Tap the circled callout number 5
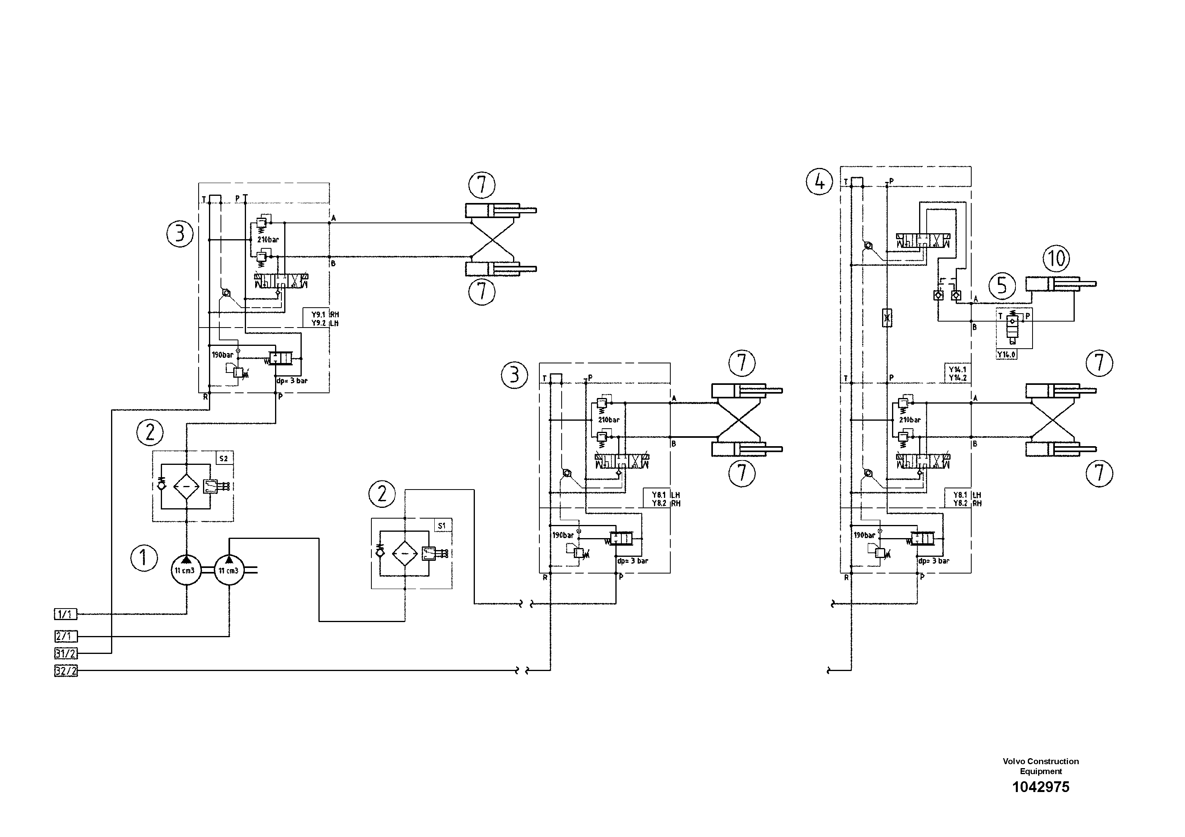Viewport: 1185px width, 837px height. (x=1002, y=285)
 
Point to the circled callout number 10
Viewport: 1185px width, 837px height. (x=1056, y=258)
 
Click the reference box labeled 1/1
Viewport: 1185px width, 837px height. (x=66, y=614)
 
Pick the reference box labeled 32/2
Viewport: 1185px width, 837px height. (x=66, y=671)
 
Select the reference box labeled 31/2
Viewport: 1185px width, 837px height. (x=66, y=653)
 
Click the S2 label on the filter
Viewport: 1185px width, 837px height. (x=223, y=458)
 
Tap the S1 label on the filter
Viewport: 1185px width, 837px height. (x=442, y=526)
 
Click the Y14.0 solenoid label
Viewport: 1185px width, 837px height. (x=1006, y=355)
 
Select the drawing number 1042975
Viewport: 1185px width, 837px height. (x=1041, y=787)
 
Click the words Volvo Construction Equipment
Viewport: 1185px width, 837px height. (x=1041, y=766)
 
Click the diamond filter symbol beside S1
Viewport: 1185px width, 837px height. (x=405, y=553)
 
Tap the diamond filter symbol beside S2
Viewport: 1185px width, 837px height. (x=186, y=486)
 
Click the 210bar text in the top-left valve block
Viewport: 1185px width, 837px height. (x=268, y=240)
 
